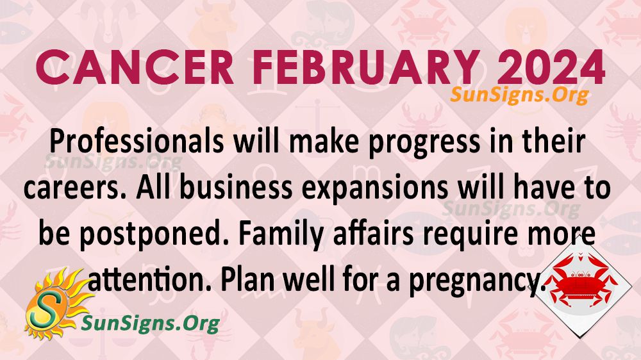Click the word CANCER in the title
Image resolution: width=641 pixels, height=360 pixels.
(x=135, y=67)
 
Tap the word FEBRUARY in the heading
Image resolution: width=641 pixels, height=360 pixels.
(x=366, y=67)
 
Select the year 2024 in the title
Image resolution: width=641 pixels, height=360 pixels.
(x=551, y=67)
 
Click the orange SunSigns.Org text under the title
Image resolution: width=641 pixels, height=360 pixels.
(x=520, y=95)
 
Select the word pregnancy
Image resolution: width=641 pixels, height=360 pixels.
(x=478, y=282)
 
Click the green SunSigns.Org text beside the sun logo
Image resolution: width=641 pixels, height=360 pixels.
(x=151, y=323)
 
